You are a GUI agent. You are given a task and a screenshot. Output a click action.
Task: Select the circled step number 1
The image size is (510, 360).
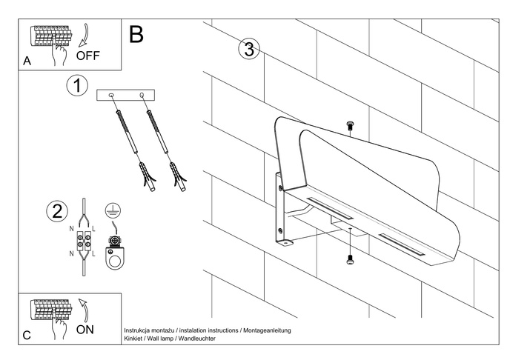77,85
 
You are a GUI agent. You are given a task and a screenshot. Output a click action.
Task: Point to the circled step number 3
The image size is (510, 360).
248,50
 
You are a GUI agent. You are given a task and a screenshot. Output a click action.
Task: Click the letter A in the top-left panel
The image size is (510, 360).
27,62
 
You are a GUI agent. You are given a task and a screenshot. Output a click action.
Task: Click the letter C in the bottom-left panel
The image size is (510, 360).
27,336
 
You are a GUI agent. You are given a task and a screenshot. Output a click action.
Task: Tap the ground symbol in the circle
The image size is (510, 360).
112,210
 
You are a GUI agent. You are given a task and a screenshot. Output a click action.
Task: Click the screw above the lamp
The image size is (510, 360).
349,126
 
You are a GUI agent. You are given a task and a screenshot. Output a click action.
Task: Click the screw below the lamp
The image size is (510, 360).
349,259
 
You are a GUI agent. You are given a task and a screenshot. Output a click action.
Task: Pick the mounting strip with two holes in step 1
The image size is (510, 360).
125,95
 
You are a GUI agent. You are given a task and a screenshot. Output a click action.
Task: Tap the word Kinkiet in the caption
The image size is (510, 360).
136,338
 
